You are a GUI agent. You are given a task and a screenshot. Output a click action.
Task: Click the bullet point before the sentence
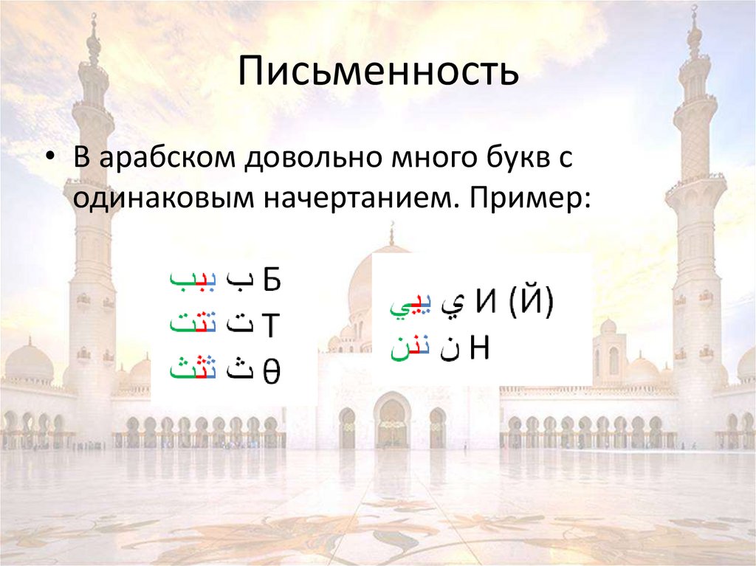coord(49,160)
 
